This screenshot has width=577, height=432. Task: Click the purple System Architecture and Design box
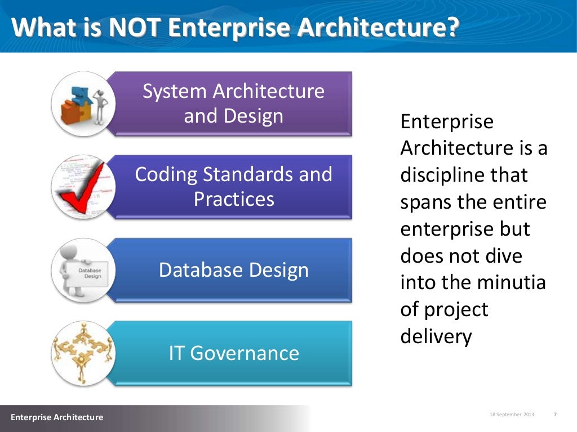(233, 103)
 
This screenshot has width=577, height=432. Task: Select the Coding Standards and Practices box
(233, 186)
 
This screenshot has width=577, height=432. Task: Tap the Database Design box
(233, 270)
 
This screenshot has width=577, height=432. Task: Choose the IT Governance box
(233, 353)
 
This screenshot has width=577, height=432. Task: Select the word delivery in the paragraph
(435, 336)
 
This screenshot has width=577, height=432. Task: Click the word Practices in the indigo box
(233, 199)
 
